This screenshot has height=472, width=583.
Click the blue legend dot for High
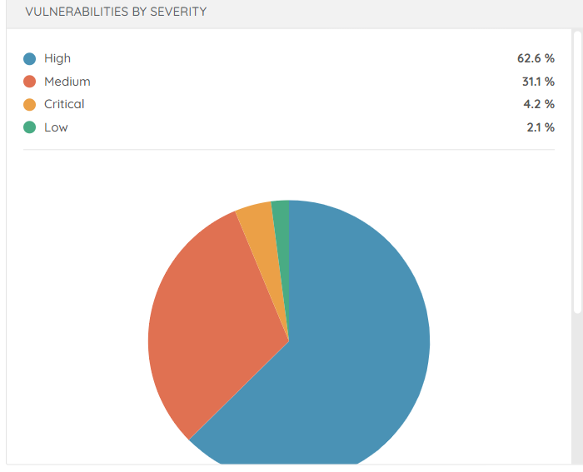[x=30, y=59]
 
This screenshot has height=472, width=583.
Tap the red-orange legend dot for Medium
[x=30, y=82]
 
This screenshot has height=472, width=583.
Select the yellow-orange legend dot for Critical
[x=30, y=105]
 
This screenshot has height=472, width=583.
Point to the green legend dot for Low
[x=30, y=127]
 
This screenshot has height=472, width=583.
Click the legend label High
[x=57, y=59]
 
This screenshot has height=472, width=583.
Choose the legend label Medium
[x=67, y=82]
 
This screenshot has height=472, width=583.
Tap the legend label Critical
[x=64, y=105]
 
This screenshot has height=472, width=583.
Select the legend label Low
[x=56, y=127]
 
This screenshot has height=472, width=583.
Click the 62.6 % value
[x=536, y=59]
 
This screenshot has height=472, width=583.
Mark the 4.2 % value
[x=539, y=105]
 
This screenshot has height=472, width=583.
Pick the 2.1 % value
[x=540, y=127]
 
